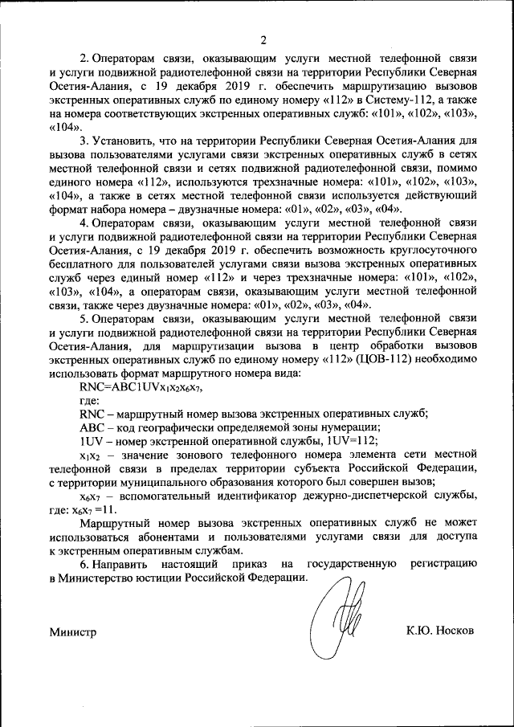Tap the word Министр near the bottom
pos(72,631)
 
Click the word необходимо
pos(447,359)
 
